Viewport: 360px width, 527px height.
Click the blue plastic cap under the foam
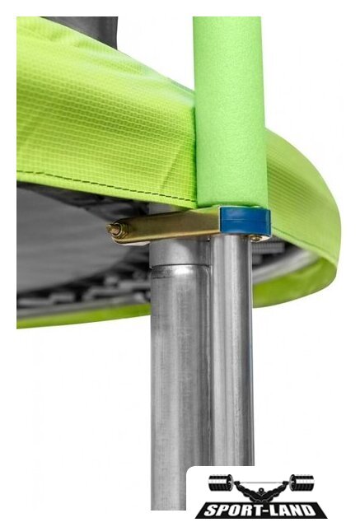point(245,221)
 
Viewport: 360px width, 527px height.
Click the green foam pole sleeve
point(231,111)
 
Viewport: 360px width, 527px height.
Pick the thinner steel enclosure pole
point(232,349)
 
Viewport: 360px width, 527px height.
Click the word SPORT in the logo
point(227,511)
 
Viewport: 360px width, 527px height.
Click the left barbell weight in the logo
point(220,483)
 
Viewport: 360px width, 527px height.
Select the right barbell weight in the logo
point(302,483)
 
